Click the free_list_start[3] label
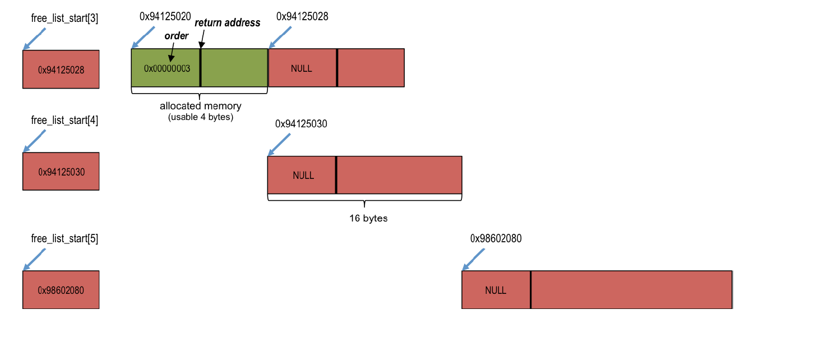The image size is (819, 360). tap(64, 19)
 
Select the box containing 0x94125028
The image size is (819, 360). tap(61, 70)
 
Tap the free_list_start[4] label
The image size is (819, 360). tap(64, 121)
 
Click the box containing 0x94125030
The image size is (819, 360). tap(61, 172)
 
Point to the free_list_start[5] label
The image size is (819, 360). tap(64, 239)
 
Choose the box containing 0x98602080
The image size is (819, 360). tap(61, 290)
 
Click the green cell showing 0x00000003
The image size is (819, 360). tap(166, 68)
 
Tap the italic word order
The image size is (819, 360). tap(175, 36)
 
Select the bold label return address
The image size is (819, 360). tap(227, 23)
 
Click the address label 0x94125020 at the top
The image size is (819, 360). tap(165, 17)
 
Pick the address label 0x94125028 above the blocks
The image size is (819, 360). tap(302, 17)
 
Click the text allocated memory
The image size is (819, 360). tap(200, 106)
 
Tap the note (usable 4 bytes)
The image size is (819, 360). tap(200, 117)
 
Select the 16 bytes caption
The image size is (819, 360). tap(368, 218)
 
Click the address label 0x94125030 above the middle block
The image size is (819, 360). tap(300, 124)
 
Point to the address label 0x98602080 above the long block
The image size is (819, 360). tap(496, 238)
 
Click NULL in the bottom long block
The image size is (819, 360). tap(496, 290)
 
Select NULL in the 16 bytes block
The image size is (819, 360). tap(303, 176)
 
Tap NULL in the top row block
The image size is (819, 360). tap(302, 68)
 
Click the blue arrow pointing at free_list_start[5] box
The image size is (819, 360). tap(34, 260)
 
